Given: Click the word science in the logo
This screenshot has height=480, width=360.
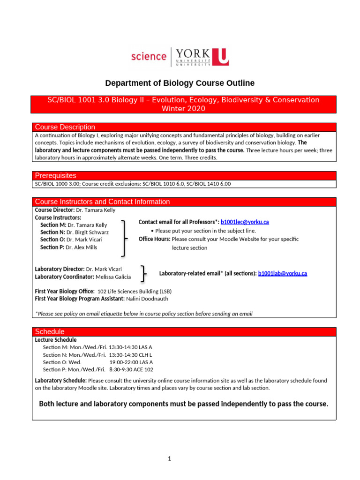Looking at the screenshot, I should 149,56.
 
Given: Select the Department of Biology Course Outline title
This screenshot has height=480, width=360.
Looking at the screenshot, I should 180,83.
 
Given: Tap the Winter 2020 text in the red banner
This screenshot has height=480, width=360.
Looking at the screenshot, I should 183,109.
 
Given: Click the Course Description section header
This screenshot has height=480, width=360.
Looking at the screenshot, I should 65,127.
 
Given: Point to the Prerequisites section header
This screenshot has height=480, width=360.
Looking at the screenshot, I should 55,175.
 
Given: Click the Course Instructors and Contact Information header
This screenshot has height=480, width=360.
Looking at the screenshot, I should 102,202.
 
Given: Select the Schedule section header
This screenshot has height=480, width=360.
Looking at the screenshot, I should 50,331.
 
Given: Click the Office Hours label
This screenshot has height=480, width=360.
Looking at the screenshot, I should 154,239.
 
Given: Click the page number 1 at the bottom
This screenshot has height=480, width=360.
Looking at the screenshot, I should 170,459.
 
